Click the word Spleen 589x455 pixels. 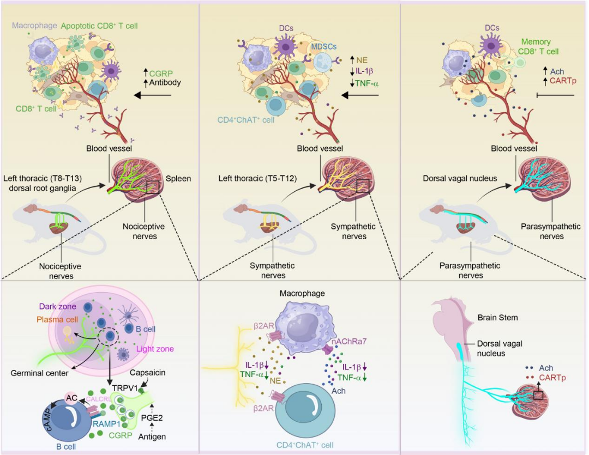(178, 178)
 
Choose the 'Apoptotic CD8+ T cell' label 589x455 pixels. (98, 25)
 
